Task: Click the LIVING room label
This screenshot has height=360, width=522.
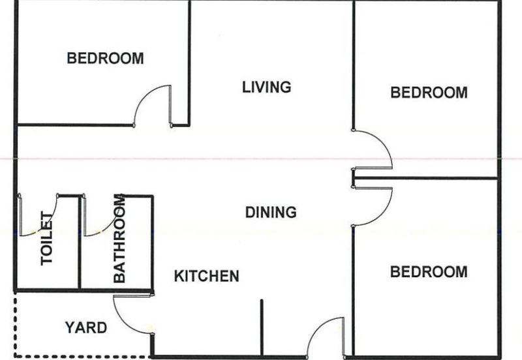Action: point(266,87)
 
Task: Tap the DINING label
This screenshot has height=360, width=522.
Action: point(271,212)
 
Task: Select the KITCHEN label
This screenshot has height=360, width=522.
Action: point(206,276)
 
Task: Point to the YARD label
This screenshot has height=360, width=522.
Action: point(86,328)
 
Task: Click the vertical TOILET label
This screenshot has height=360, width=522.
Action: point(47,238)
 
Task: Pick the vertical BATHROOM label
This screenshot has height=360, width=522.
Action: point(119,238)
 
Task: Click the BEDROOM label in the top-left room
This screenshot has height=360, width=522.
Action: point(105,58)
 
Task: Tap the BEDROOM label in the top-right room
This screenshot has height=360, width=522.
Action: point(429,93)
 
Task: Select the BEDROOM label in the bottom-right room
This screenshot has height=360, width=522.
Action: point(429,272)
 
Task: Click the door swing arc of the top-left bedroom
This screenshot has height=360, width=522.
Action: point(144,96)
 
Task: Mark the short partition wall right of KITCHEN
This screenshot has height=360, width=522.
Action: point(262,329)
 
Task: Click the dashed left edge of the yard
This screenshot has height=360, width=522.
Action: point(15,324)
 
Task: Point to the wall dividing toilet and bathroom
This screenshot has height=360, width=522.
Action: point(80,243)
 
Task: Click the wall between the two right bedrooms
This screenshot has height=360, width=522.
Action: point(425,179)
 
